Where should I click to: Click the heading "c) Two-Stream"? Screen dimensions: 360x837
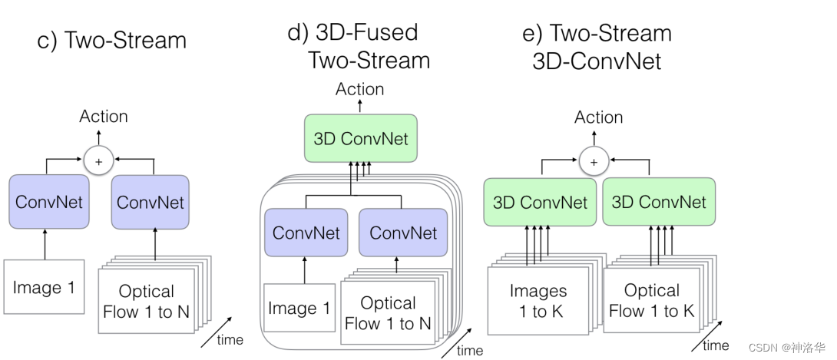click(111, 41)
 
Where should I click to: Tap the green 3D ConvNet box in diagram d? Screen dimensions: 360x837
click(361, 139)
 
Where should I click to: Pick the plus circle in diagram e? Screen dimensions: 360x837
click(592, 161)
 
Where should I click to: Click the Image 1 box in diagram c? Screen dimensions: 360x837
click(44, 288)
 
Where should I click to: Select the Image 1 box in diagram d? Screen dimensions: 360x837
click(299, 309)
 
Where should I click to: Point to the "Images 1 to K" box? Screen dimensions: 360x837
click(538, 300)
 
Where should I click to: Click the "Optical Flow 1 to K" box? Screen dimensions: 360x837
click(651, 300)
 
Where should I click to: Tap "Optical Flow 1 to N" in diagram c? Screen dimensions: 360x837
click(146, 301)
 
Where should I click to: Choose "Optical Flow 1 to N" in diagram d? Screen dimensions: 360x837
click(388, 312)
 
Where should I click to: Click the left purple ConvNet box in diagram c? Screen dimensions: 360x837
click(49, 203)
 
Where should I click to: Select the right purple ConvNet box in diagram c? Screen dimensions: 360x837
click(151, 203)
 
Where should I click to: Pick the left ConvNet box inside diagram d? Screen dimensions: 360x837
click(306, 233)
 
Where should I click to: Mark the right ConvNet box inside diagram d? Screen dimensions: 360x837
click(403, 233)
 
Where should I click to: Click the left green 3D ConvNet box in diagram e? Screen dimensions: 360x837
click(540, 203)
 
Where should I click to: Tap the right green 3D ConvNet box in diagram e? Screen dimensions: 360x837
click(658, 202)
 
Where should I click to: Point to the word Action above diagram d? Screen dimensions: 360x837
click(359, 89)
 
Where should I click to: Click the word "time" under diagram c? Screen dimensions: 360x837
click(230, 339)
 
